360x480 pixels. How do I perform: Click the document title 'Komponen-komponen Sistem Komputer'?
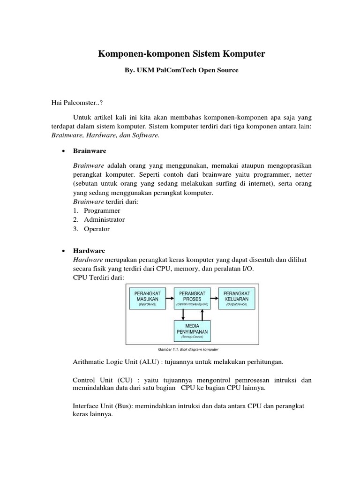click(181, 54)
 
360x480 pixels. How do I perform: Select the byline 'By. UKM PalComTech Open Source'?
click(181, 70)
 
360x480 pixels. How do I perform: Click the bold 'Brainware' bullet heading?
click(90, 151)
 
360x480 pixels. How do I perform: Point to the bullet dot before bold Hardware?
click(63, 251)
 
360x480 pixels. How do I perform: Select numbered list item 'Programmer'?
click(102, 210)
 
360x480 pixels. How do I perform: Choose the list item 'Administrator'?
click(104, 219)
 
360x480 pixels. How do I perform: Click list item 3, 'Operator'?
click(97, 229)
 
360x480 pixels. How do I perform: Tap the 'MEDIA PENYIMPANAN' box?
click(192, 331)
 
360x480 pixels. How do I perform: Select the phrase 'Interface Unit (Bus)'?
click(103, 405)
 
